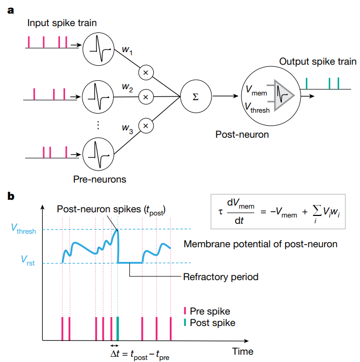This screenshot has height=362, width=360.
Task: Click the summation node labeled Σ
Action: click(195, 96)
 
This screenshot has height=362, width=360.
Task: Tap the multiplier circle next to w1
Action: click(146, 73)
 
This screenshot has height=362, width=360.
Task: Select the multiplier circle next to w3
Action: click(146, 125)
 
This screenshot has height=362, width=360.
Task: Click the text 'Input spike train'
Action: click(62, 23)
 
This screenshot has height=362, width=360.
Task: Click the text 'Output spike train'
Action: click(317, 62)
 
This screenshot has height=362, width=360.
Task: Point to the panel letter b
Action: click(11, 197)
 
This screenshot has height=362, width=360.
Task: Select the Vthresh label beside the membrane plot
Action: click(23, 229)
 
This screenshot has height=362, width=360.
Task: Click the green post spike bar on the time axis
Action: click(118, 329)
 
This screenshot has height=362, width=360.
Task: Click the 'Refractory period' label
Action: click(221, 276)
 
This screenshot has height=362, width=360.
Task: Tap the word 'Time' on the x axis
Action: click(242, 351)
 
